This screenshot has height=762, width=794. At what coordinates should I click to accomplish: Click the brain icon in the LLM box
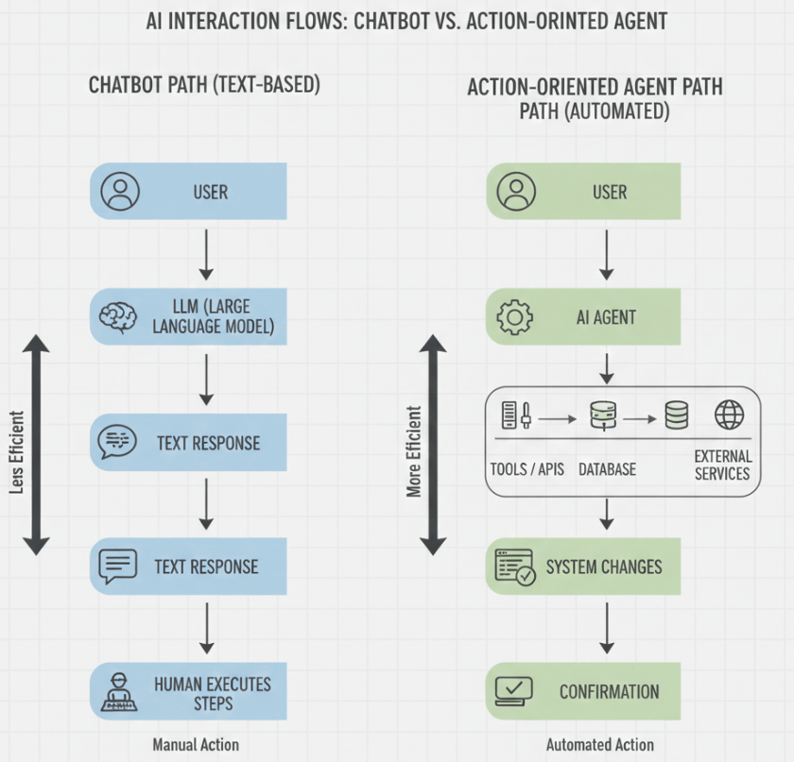click(120, 316)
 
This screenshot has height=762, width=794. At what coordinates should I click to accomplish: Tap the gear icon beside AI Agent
click(515, 317)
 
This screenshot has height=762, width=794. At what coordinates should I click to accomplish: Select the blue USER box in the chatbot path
click(188, 192)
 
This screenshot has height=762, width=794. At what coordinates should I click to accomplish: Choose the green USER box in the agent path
click(583, 192)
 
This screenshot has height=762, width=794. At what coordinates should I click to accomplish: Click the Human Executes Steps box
click(188, 691)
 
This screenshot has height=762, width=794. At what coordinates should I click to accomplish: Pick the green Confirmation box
click(583, 691)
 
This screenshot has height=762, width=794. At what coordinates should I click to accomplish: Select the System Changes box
click(583, 567)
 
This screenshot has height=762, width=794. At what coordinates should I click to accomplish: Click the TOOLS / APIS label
click(526, 469)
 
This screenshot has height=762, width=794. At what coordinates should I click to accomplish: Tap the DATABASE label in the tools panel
click(607, 469)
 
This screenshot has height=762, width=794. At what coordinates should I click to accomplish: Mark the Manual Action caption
click(196, 744)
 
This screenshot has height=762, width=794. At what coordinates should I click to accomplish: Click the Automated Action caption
click(599, 744)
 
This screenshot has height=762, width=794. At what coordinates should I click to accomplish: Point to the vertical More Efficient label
click(414, 451)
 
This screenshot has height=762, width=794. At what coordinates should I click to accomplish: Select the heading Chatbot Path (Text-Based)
click(204, 85)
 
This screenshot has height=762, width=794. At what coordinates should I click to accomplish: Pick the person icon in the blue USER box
click(120, 192)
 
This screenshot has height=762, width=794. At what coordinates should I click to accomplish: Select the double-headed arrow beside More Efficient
click(433, 444)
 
